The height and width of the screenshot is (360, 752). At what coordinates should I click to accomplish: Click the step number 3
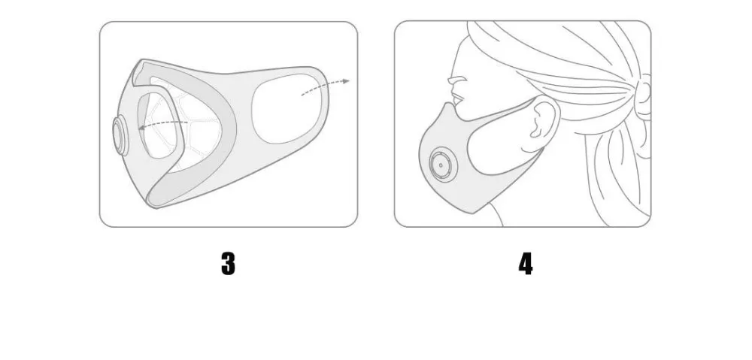pos(229,264)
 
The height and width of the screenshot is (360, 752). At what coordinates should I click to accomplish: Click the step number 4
pos(526,264)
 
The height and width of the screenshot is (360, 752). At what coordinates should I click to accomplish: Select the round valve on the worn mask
pos(443,165)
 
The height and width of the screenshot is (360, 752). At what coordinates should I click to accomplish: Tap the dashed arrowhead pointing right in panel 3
pos(346,81)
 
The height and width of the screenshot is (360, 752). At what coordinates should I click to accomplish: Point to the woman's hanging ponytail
pos(619,173)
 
